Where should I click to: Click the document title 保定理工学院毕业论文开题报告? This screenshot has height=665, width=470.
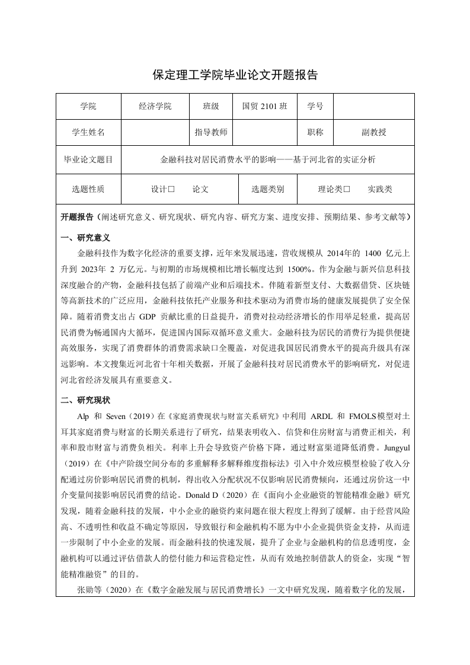tap(235, 75)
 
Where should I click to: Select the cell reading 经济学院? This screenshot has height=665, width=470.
tap(155, 107)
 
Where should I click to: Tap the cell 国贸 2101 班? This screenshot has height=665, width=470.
tap(265, 107)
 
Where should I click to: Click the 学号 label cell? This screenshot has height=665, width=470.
tap(315, 107)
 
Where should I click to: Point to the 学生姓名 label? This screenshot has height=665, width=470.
tap(88, 133)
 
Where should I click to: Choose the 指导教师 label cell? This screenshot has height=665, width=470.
tap(211, 133)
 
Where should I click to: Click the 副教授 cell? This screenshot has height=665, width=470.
tap(374, 133)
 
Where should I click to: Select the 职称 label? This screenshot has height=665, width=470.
tap(315, 133)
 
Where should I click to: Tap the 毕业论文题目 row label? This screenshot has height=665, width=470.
tap(88, 159)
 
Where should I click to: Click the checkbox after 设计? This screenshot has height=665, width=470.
tap(171, 190)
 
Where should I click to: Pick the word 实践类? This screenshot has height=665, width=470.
tap(380, 190)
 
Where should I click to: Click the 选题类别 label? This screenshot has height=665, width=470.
tap(268, 190)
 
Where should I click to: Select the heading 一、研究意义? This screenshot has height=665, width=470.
tap(86, 238)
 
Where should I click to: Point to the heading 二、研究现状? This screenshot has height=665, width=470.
tap(86, 401)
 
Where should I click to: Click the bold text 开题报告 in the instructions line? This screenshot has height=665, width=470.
tap(78, 218)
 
